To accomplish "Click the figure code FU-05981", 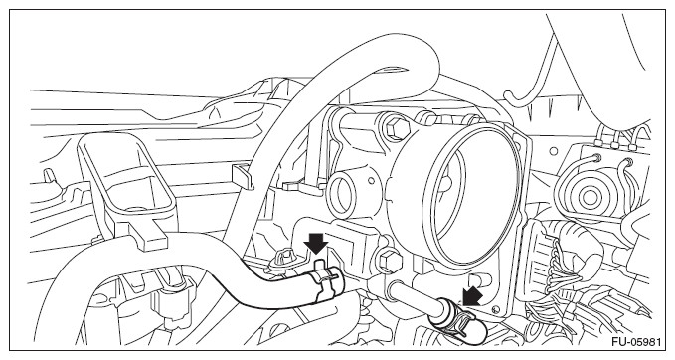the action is pos(636,342).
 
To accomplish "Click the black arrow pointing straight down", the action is pos(316,244).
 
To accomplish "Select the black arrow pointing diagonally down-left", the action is pos(471,296).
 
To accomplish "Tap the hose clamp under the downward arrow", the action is pos(326,281).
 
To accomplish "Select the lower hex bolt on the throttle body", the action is pos(389,261).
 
